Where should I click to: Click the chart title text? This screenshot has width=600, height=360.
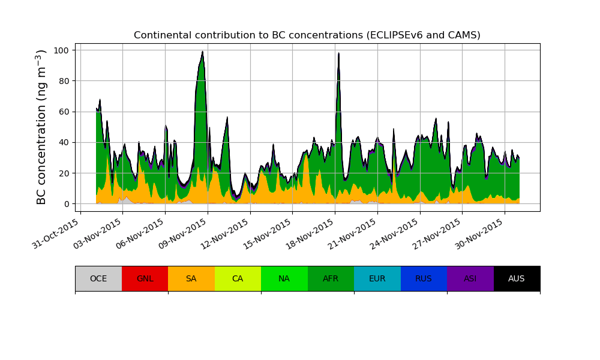(307, 35)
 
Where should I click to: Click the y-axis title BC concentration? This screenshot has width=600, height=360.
(41, 127)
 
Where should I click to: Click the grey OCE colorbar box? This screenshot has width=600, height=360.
(98, 278)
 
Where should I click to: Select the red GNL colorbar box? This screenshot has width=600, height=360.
(145, 278)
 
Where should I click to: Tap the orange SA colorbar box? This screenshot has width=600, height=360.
(191, 278)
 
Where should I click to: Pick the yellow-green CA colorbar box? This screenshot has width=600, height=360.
(238, 278)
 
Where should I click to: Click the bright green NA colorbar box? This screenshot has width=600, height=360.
(284, 278)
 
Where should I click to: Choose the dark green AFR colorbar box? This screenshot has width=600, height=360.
(331, 278)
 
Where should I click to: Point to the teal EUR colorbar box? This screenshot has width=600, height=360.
(377, 278)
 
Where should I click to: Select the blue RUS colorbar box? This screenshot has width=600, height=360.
(424, 278)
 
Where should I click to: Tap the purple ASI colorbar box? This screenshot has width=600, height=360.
(470, 278)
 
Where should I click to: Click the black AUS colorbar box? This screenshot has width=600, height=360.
(517, 278)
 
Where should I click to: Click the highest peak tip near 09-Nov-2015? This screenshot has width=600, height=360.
(203, 52)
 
